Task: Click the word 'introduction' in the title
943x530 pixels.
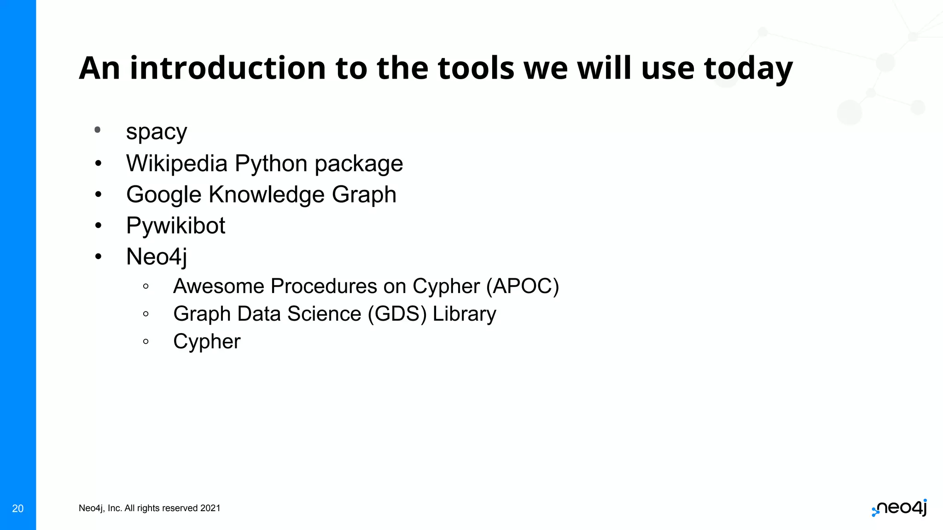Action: click(x=227, y=68)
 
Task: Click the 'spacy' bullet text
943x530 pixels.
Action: click(x=157, y=132)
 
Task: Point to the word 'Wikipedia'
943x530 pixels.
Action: click(x=177, y=164)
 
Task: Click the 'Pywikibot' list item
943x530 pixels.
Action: click(x=175, y=226)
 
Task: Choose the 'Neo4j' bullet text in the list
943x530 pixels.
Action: click(x=157, y=257)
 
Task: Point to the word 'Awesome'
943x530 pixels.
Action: click(x=219, y=286)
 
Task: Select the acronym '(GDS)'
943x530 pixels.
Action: click(x=397, y=314)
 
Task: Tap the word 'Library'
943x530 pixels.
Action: click(x=464, y=314)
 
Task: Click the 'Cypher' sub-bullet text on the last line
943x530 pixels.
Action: click(x=207, y=342)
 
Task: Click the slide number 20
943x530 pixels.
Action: click(x=18, y=508)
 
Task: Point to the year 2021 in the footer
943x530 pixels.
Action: click(x=210, y=508)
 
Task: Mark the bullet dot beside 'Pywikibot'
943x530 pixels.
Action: click(x=98, y=225)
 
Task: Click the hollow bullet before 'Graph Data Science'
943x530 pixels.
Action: click(x=146, y=314)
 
